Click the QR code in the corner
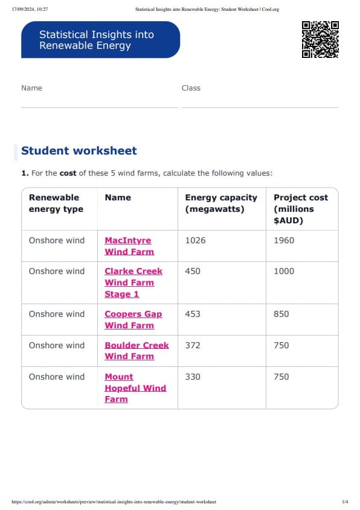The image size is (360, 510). tap(320, 39)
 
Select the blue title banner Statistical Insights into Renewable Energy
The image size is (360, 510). tap(100, 40)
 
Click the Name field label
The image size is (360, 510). tap(31, 88)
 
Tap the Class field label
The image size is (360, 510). tap(191, 88)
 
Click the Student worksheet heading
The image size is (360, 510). tap(79, 151)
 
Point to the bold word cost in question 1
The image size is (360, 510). tap(68, 173)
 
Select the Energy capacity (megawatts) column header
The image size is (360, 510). tap(221, 203)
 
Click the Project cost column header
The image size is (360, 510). tap(301, 208)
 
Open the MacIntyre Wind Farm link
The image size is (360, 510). tap(129, 246)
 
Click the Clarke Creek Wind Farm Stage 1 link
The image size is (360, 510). tap(133, 282)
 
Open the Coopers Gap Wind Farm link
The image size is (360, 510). tap(133, 319)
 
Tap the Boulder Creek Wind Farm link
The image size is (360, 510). tap(137, 351)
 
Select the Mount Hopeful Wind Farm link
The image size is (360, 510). tap(135, 387)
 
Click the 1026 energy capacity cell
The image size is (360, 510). tap(195, 240)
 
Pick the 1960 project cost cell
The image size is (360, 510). tap(284, 240)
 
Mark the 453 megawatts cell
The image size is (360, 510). tap(193, 314)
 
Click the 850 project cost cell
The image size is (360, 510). tap(281, 314)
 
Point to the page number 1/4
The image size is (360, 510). tap(345, 502)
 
